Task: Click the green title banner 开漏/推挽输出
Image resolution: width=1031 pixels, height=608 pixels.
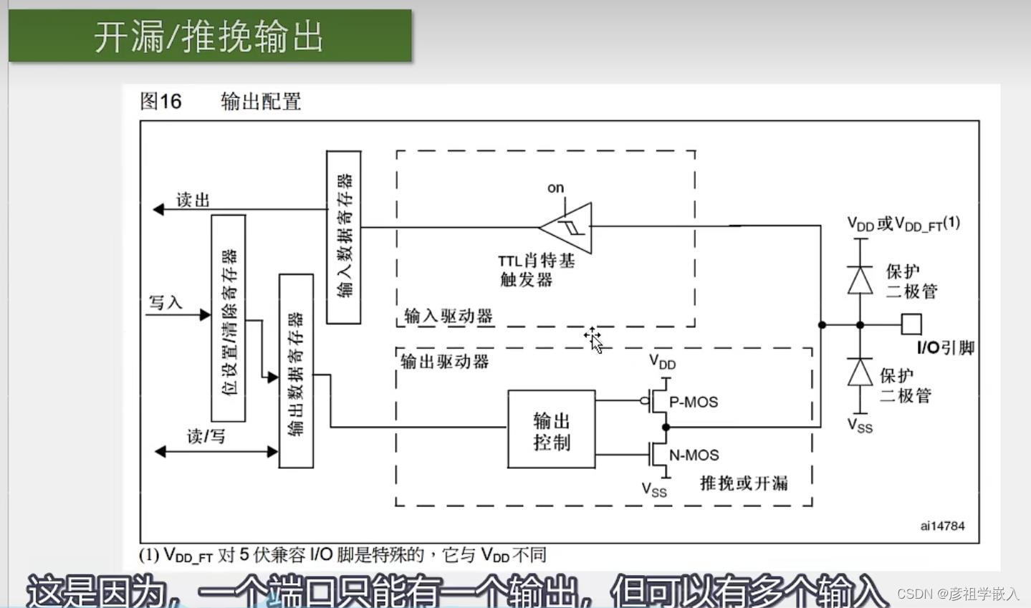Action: tap(210, 36)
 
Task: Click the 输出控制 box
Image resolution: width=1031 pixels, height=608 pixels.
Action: tap(551, 430)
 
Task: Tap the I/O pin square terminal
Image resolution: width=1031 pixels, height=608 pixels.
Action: tap(911, 324)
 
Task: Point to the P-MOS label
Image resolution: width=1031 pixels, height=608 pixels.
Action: tap(693, 402)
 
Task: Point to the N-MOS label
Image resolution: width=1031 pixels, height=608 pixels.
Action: tap(694, 455)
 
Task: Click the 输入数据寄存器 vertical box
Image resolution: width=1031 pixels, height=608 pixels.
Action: tap(344, 237)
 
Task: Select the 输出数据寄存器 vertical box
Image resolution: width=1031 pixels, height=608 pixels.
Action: tap(296, 371)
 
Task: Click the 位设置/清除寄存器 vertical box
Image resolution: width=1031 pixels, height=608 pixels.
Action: tap(229, 318)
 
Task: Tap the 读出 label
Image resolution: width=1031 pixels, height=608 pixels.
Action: tap(193, 200)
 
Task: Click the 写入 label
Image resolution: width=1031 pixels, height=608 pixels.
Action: tap(166, 302)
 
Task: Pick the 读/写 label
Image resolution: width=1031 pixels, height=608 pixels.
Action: tap(206, 436)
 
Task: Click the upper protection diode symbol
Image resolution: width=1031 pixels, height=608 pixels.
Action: tap(860, 279)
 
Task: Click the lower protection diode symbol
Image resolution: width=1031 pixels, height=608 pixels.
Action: tap(860, 372)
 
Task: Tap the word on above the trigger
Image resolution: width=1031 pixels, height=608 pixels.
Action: tap(555, 188)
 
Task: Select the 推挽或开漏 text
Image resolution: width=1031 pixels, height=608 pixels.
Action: tap(744, 483)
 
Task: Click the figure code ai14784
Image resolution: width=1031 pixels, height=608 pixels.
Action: tap(942, 526)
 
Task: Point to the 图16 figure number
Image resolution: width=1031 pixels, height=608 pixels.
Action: tap(161, 101)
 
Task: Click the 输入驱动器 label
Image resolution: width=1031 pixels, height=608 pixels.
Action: tap(449, 316)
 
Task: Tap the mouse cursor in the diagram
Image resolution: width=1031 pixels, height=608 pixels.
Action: tap(594, 339)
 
